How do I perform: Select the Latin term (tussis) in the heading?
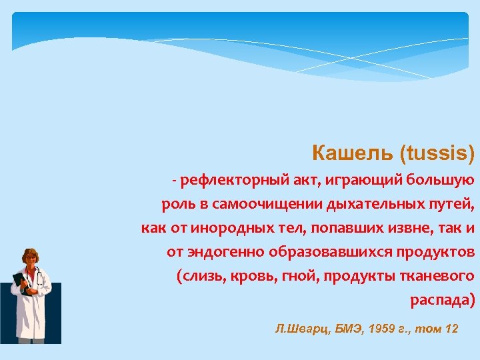pos(437,155)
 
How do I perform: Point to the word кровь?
pos(254,276)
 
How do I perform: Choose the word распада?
pos(440,300)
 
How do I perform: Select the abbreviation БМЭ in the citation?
pos(347,329)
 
